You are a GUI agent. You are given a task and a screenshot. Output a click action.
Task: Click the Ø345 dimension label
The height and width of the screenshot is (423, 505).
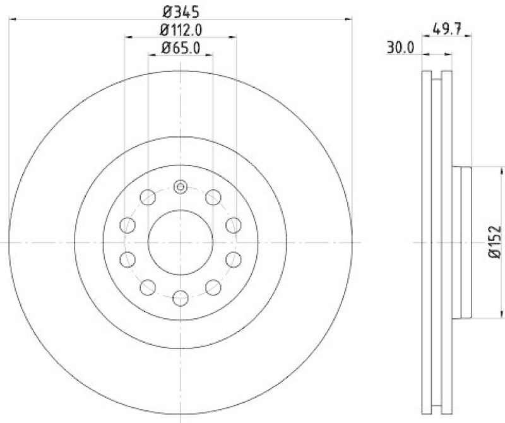[180, 11]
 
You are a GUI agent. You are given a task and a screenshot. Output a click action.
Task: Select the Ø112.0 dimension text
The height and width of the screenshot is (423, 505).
[180, 29]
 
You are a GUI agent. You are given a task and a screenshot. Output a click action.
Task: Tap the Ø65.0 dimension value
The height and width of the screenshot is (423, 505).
[180, 47]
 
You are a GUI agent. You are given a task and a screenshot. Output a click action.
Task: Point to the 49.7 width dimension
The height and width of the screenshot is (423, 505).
[449, 28]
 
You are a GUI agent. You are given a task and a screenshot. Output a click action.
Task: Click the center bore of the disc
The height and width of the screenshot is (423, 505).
[181, 242]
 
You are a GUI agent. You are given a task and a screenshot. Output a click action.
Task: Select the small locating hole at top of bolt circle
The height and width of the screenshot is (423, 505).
[181, 186]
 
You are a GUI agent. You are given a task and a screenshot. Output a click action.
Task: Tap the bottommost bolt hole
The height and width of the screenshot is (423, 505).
[181, 297]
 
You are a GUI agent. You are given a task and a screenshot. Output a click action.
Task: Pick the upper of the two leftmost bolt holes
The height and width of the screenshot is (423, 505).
[128, 225]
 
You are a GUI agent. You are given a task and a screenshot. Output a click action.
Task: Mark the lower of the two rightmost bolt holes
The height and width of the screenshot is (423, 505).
[234, 259]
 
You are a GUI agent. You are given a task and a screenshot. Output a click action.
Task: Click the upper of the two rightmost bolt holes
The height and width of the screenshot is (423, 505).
[234, 225]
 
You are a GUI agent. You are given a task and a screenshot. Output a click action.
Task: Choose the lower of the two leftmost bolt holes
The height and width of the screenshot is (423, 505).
[128, 259]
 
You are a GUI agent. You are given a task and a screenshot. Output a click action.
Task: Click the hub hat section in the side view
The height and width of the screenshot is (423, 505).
[463, 242]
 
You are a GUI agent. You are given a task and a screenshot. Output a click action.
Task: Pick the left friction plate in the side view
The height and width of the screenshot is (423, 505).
[425, 242]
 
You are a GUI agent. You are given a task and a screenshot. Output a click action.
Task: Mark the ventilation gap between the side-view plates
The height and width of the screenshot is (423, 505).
[436, 242]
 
